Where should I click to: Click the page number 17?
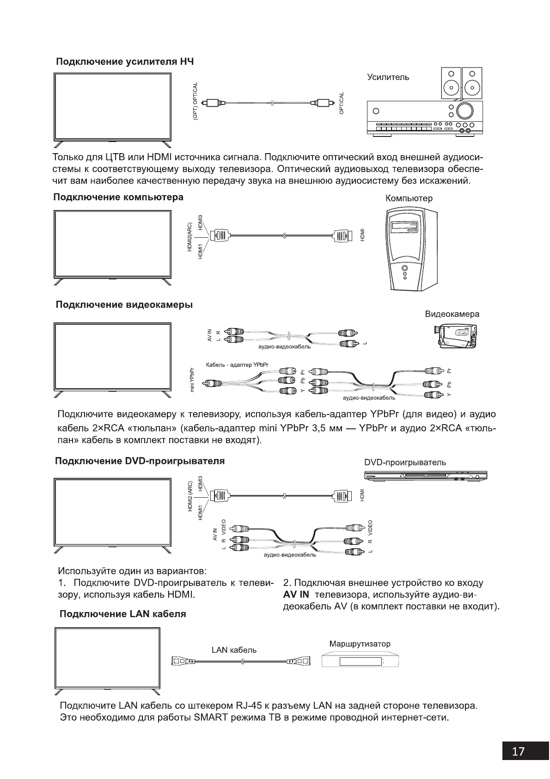tap(519, 750)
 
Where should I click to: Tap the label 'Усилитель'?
tap(388, 77)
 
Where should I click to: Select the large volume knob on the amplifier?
tap(464, 110)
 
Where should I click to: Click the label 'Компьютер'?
tap(409, 198)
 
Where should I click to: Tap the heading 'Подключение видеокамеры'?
tap(124, 305)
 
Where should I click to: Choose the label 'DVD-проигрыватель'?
tap(405, 463)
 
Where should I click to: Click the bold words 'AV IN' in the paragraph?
tap(296, 594)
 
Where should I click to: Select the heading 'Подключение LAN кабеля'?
tap(123, 614)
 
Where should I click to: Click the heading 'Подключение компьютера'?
tap(119, 198)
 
